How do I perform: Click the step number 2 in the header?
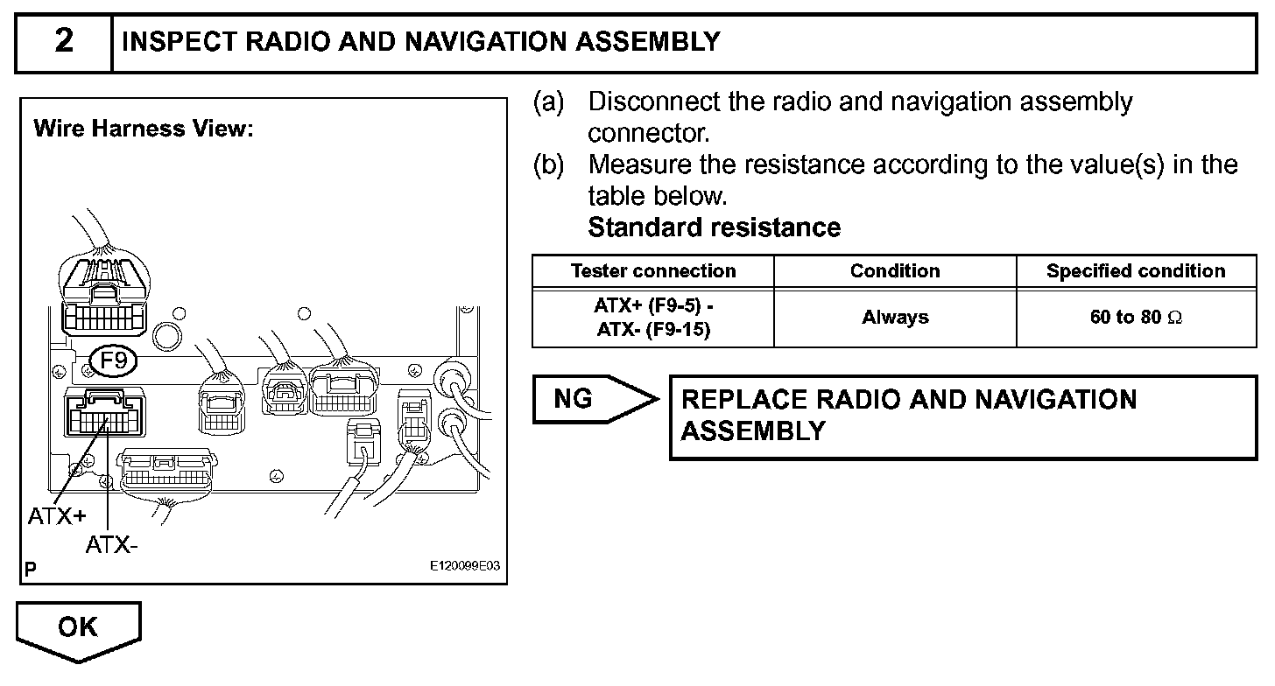tap(64, 42)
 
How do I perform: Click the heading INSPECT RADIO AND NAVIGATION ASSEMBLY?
tap(421, 42)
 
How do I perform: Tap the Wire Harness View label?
tap(143, 129)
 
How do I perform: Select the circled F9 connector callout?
tap(114, 360)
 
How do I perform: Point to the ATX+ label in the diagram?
tap(56, 516)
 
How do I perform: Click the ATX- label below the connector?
tap(111, 545)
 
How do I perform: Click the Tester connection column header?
tap(653, 271)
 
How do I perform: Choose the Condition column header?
tap(895, 271)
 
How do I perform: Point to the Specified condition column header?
tap(1136, 271)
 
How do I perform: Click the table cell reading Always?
tap(895, 318)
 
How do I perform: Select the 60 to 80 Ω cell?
tap(1136, 318)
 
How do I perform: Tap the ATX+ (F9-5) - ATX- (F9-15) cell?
tap(653, 318)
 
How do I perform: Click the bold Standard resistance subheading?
tap(714, 227)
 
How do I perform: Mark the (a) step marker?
tap(549, 102)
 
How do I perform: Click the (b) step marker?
tap(549, 164)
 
